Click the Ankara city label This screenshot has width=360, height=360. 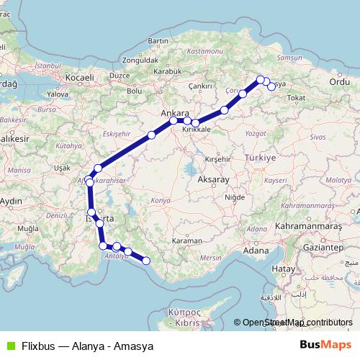tap(176, 114)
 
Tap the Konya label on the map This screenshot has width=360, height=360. tap(162, 200)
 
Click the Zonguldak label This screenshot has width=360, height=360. tap(138, 59)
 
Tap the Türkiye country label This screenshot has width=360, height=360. tap(260, 158)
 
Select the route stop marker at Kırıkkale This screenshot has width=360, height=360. tap(195, 123)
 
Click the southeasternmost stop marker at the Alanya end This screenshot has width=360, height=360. tap(145, 261)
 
